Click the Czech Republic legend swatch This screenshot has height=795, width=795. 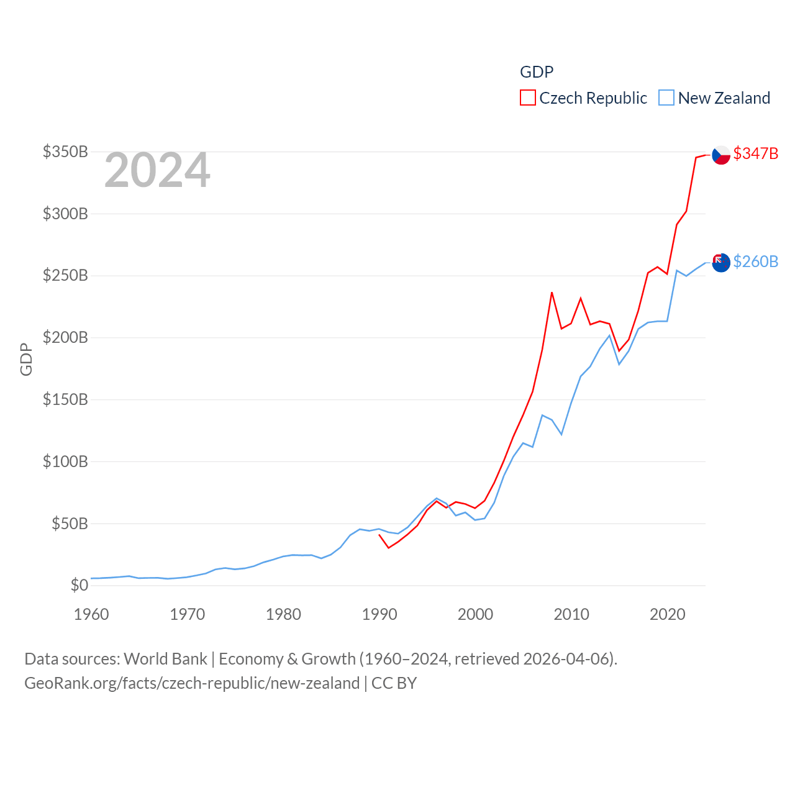click(528, 98)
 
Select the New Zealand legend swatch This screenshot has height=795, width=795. click(666, 98)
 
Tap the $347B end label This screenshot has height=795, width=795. click(755, 153)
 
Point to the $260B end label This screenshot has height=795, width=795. click(755, 261)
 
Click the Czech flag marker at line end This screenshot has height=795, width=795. click(721, 155)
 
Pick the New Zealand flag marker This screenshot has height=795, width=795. click(721, 263)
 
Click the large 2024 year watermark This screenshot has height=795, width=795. click(157, 170)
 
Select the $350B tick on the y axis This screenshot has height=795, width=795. click(65, 152)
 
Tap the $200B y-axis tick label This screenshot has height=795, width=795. click(65, 338)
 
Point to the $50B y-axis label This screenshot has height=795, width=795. click(70, 524)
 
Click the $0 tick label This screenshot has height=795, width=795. click(79, 585)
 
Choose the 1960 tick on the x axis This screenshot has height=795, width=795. click(91, 614)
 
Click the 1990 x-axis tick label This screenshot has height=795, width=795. click(379, 614)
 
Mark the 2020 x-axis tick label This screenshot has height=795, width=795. click(668, 614)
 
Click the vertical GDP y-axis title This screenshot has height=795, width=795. click(26, 359)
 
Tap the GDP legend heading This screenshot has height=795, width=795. click(537, 72)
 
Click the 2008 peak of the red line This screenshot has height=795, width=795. click(552, 293)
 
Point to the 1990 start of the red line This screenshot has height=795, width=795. click(379, 535)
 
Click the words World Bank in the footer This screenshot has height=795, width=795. click(165, 658)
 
